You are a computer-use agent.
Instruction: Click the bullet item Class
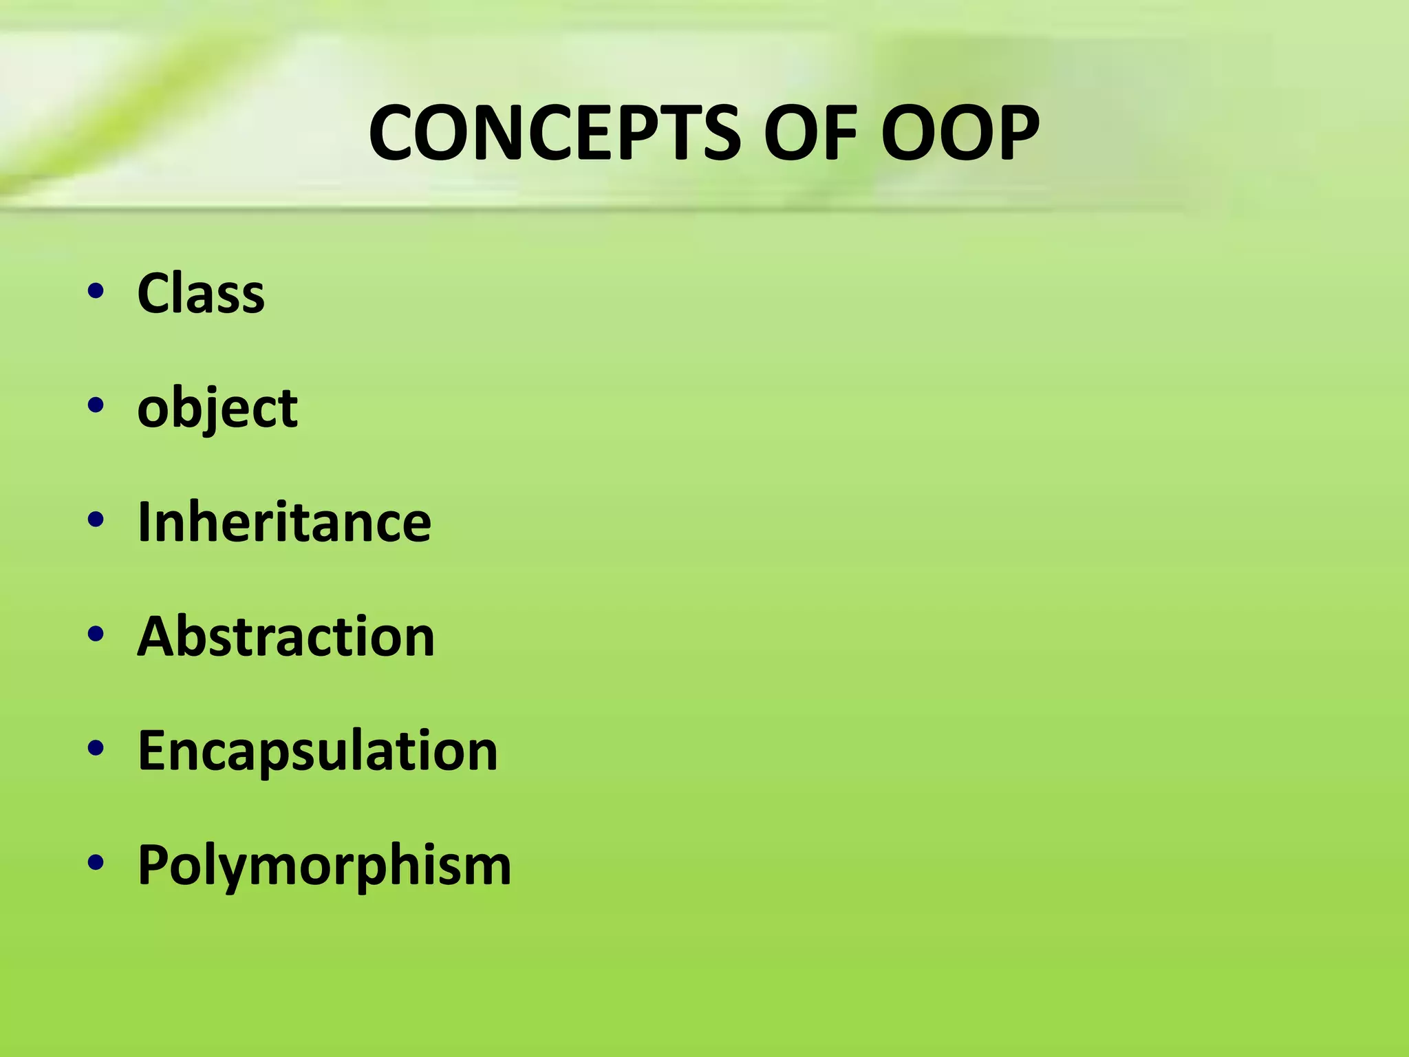201,293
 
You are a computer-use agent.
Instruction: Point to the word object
217,409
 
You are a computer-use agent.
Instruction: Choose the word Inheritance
284,522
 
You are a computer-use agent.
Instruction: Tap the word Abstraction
286,637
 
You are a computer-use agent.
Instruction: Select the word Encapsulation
317,751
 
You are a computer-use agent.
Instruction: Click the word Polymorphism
324,866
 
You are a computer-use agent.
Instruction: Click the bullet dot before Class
96,291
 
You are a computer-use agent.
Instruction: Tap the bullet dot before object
96,405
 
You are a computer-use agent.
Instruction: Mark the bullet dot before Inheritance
96,520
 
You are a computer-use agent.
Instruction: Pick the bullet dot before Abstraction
96,634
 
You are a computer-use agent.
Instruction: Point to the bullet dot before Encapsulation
96,748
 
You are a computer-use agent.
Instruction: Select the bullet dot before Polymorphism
96,862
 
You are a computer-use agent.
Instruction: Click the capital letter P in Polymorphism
153,864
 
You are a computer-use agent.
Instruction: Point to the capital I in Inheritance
144,522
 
